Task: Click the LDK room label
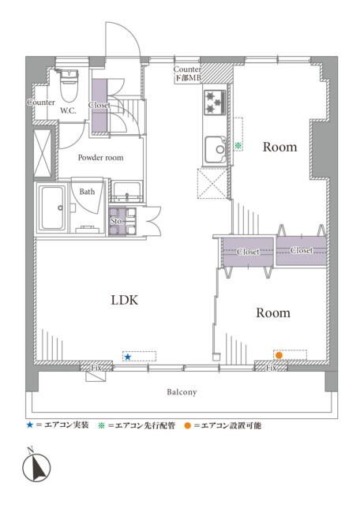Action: (x=125, y=300)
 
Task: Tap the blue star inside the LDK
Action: (x=128, y=357)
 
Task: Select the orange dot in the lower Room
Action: (x=279, y=355)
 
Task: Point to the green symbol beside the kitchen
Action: (x=238, y=145)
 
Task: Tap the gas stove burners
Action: (x=215, y=102)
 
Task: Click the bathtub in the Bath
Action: (x=52, y=208)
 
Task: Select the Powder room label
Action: (x=100, y=158)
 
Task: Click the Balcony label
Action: (x=182, y=392)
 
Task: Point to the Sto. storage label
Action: (x=117, y=221)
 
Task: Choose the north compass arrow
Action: (x=39, y=466)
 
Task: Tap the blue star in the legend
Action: (x=30, y=425)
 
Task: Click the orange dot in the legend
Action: (x=188, y=426)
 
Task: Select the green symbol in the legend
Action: (x=102, y=425)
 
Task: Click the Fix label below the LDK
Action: (x=96, y=368)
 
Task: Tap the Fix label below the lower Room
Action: (x=271, y=368)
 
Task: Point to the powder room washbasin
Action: (x=127, y=192)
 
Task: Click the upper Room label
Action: (x=279, y=147)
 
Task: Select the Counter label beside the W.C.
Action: (x=41, y=102)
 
